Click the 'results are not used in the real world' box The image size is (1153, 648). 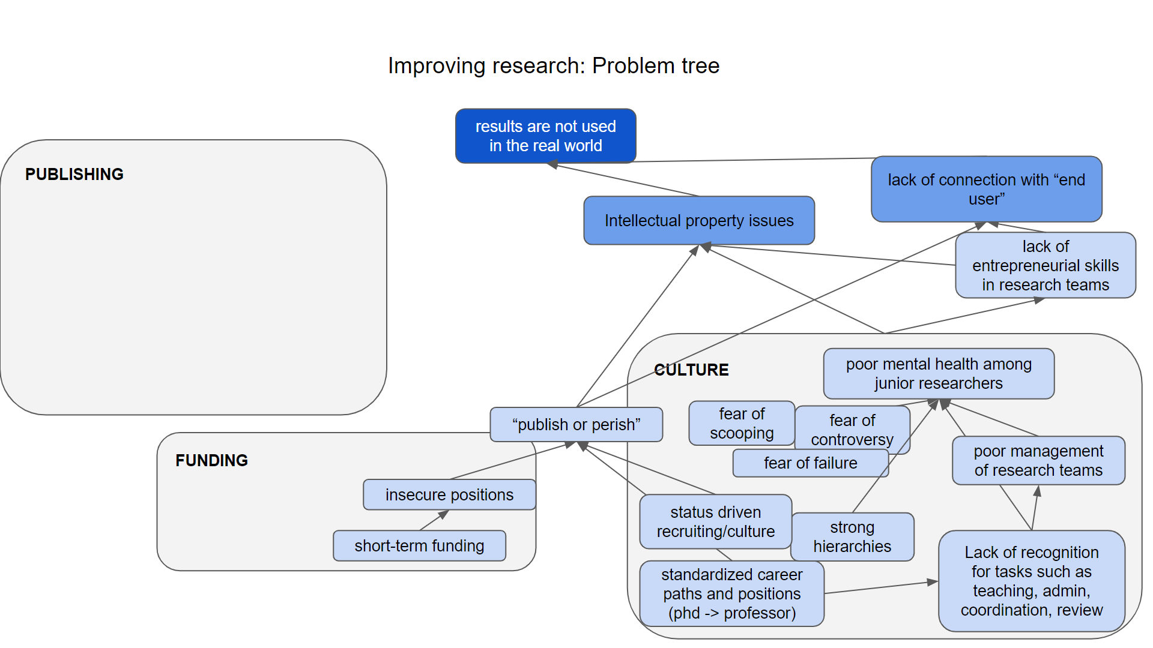545,136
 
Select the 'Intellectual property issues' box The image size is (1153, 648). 698,221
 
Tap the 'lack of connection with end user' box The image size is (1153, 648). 986,190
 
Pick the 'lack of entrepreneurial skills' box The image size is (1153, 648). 1045,266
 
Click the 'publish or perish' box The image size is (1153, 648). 576,425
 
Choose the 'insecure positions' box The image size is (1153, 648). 449,495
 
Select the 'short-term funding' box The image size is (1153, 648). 419,546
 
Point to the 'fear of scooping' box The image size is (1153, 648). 741,424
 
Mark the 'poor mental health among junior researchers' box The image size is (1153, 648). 938,374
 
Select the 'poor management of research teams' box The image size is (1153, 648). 1038,461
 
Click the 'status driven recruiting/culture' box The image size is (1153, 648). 715,522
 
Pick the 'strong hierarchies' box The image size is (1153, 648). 852,537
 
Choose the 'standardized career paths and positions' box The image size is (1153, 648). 731,594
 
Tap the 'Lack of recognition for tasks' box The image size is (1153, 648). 1031,581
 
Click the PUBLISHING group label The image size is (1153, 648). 74,175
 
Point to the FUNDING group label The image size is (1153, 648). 211,461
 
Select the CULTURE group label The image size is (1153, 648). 691,370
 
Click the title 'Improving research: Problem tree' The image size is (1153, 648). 553,66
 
